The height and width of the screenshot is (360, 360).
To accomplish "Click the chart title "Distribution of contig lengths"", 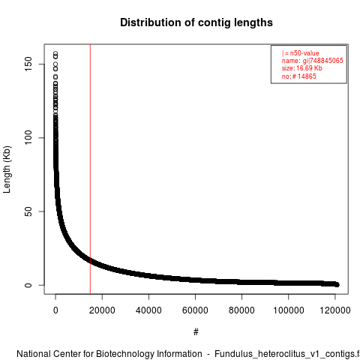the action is tap(196, 22).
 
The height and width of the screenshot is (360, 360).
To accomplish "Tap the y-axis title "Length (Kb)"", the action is tap(7, 169).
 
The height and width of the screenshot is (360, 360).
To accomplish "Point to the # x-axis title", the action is tap(196, 332).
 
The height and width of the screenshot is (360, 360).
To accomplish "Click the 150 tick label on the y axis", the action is tap(28, 64).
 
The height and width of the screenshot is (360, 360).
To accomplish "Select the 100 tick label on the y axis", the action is tap(28, 138).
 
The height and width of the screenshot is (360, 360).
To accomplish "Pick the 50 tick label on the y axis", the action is tap(28, 211).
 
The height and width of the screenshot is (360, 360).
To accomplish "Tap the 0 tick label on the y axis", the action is tap(28, 285).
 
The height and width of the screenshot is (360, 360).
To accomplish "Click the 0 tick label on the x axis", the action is tap(55, 310).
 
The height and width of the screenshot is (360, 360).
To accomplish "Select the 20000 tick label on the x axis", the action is tap(102, 310).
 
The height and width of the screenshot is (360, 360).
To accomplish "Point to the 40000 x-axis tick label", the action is tap(148, 310).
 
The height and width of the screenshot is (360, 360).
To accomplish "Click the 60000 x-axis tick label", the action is tap(195, 310).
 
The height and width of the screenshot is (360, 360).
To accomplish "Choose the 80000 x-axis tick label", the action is tap(241, 310).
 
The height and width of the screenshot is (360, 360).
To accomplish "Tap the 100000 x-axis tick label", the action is tap(289, 310).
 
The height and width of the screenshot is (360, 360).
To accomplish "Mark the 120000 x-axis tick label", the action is tap(335, 310).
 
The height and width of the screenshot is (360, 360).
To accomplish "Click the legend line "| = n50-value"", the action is tap(301, 53).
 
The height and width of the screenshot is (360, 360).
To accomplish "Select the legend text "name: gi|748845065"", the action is tap(313, 61).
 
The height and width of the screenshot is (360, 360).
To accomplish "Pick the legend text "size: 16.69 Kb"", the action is tap(302, 68).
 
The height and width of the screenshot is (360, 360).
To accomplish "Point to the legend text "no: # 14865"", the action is tap(299, 76).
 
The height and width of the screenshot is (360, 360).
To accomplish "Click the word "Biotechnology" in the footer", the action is tap(149, 354).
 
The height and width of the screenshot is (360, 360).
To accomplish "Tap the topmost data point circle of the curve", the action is tap(55, 53).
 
